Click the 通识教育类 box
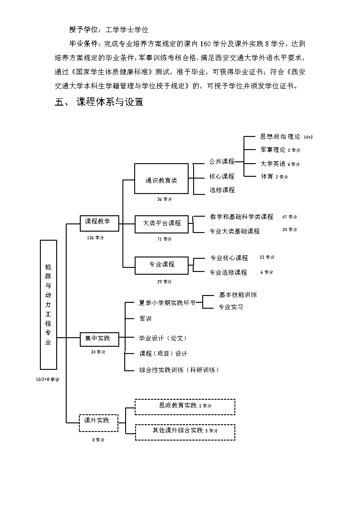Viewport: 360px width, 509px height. pos(161,179)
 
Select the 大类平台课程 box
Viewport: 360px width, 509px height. pos(162,223)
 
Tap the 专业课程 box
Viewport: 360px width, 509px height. pos(162,265)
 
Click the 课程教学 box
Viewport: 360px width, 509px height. pos(98,222)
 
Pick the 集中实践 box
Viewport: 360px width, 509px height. pos(98,339)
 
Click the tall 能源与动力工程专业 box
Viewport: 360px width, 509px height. pos(49,305)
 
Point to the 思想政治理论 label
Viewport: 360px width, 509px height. pos(280,136)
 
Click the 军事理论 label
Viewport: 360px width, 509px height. pos(273,150)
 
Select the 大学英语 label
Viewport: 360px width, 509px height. pos(273,164)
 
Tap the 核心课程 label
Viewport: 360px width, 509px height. pos(222,176)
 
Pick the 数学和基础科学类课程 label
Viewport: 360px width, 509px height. pos(242,217)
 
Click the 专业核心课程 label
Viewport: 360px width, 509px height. pos(229,258)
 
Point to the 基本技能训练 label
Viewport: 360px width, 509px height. pos(238,295)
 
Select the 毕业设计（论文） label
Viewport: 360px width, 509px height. pos(163,338)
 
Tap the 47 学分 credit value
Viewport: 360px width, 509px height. pos(290,217)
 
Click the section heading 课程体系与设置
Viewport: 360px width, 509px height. pos(110,102)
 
